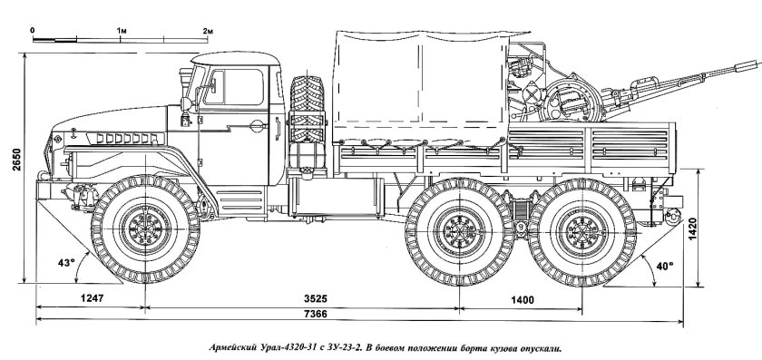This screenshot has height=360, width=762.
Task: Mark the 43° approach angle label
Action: (64, 263)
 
